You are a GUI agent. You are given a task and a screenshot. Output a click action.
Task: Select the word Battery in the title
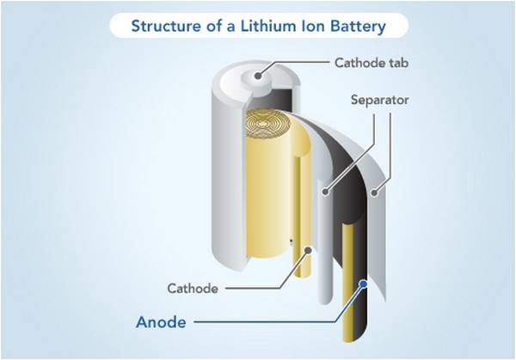pyautogui.click(x=358, y=27)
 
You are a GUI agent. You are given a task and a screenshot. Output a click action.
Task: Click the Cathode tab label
pyautogui.click(x=372, y=63)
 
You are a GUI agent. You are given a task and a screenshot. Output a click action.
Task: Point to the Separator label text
pyautogui.click(x=379, y=100)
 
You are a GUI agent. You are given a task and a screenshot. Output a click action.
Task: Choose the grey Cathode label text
pyautogui.click(x=193, y=289)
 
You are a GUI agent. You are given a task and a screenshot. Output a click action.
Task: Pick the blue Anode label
pyautogui.click(x=161, y=322)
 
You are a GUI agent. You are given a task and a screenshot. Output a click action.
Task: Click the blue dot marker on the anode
pyautogui.click(x=364, y=284)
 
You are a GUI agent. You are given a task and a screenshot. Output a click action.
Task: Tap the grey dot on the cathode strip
pyautogui.click(x=308, y=251)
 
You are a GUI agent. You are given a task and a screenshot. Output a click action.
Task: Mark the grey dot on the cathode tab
pyautogui.click(x=258, y=76)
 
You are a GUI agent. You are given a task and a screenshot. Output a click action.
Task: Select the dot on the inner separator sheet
pyautogui.click(x=325, y=192)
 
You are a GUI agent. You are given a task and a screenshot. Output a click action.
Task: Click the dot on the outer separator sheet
pyautogui.click(x=373, y=192)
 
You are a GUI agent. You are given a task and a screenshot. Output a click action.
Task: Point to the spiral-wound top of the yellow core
pyautogui.click(x=263, y=124)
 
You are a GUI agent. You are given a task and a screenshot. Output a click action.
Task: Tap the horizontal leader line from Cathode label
pyautogui.click(x=253, y=289)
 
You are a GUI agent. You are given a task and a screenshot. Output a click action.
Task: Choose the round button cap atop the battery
pyautogui.click(x=257, y=76)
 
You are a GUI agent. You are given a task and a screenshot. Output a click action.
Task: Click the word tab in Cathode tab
pyautogui.click(x=398, y=63)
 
